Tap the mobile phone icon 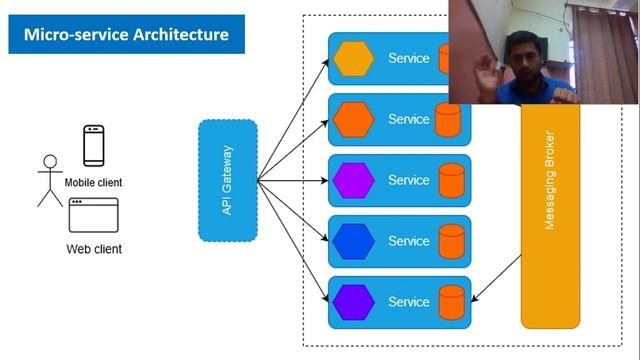[93, 146]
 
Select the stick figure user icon [49, 180]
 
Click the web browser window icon [93, 216]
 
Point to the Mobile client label [94, 183]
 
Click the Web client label [94, 249]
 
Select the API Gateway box [228, 180]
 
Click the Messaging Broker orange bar [550, 220]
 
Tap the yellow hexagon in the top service [354, 59]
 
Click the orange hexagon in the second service [354, 120]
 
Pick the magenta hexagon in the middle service [354, 181]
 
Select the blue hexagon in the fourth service [354, 241]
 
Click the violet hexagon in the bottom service [354, 301]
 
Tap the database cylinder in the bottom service [451, 301]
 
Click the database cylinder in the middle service [451, 181]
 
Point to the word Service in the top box [408, 59]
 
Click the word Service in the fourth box [408, 241]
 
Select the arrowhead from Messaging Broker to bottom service [475, 298]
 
